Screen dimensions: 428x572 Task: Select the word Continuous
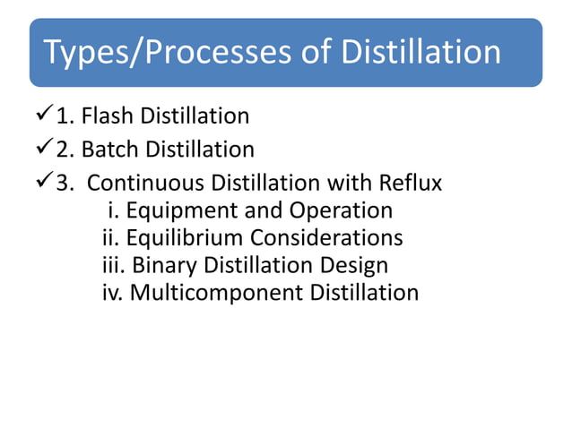tap(144, 184)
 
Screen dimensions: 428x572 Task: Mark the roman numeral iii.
tap(115, 265)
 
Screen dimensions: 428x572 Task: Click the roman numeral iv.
tap(112, 292)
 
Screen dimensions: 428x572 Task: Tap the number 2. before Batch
tap(65, 150)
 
